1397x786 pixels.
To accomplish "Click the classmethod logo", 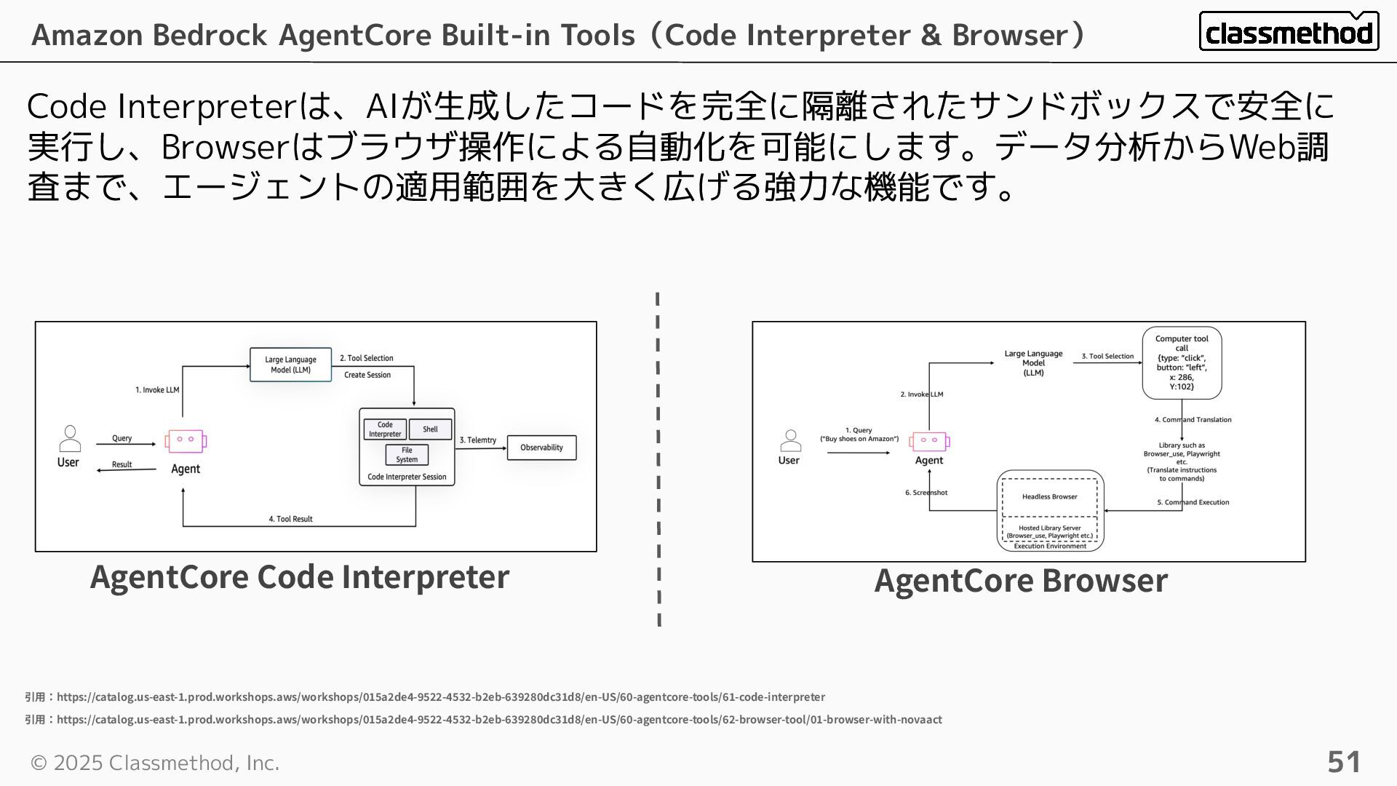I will coord(1289,31).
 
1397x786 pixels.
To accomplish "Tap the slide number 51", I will coord(1344,762).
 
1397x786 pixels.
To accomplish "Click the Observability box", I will coord(541,448).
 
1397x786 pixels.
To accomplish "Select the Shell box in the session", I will coord(430,429).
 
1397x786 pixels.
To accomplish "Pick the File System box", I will coord(407,455).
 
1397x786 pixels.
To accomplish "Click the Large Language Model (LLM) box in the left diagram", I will coord(290,365).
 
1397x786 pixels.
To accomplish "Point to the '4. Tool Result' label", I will coord(290,519).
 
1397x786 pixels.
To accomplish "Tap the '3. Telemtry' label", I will coord(478,440).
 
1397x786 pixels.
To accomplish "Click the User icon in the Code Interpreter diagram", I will coord(70,439).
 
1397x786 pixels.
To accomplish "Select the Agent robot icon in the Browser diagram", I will coord(929,441).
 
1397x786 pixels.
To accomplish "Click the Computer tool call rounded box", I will coord(1182,362).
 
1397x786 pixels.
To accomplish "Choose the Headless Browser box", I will coord(1049,497).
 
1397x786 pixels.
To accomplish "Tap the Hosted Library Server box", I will coord(1049,531).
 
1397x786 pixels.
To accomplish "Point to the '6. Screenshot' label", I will coord(926,493).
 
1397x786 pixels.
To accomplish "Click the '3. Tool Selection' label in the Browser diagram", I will coord(1107,357).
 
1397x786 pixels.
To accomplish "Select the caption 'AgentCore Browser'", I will coord(1021,581).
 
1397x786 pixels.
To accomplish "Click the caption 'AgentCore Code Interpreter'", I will coord(300,577).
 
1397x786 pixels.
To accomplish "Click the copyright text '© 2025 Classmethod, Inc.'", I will coord(155,763).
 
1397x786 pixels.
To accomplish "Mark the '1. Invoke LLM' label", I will coord(157,390).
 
